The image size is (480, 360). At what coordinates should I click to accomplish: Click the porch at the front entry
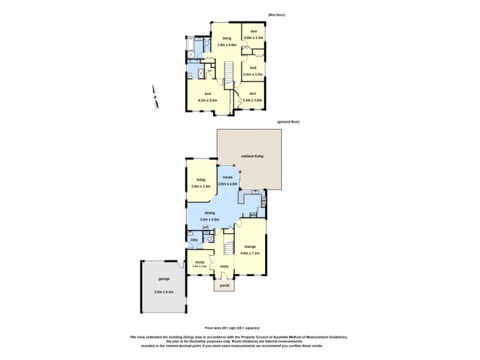pos(224,286)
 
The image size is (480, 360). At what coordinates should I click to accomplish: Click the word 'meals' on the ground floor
pos(228,177)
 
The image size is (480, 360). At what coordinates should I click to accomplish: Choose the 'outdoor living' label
pos(252,156)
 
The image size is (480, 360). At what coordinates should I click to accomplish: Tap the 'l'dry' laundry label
pos(194,240)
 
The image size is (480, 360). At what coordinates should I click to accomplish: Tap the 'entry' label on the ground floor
pos(224,266)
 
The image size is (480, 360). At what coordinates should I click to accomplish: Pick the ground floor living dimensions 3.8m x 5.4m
pos(200,187)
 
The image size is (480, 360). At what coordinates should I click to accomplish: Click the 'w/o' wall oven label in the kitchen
pos(254,215)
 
